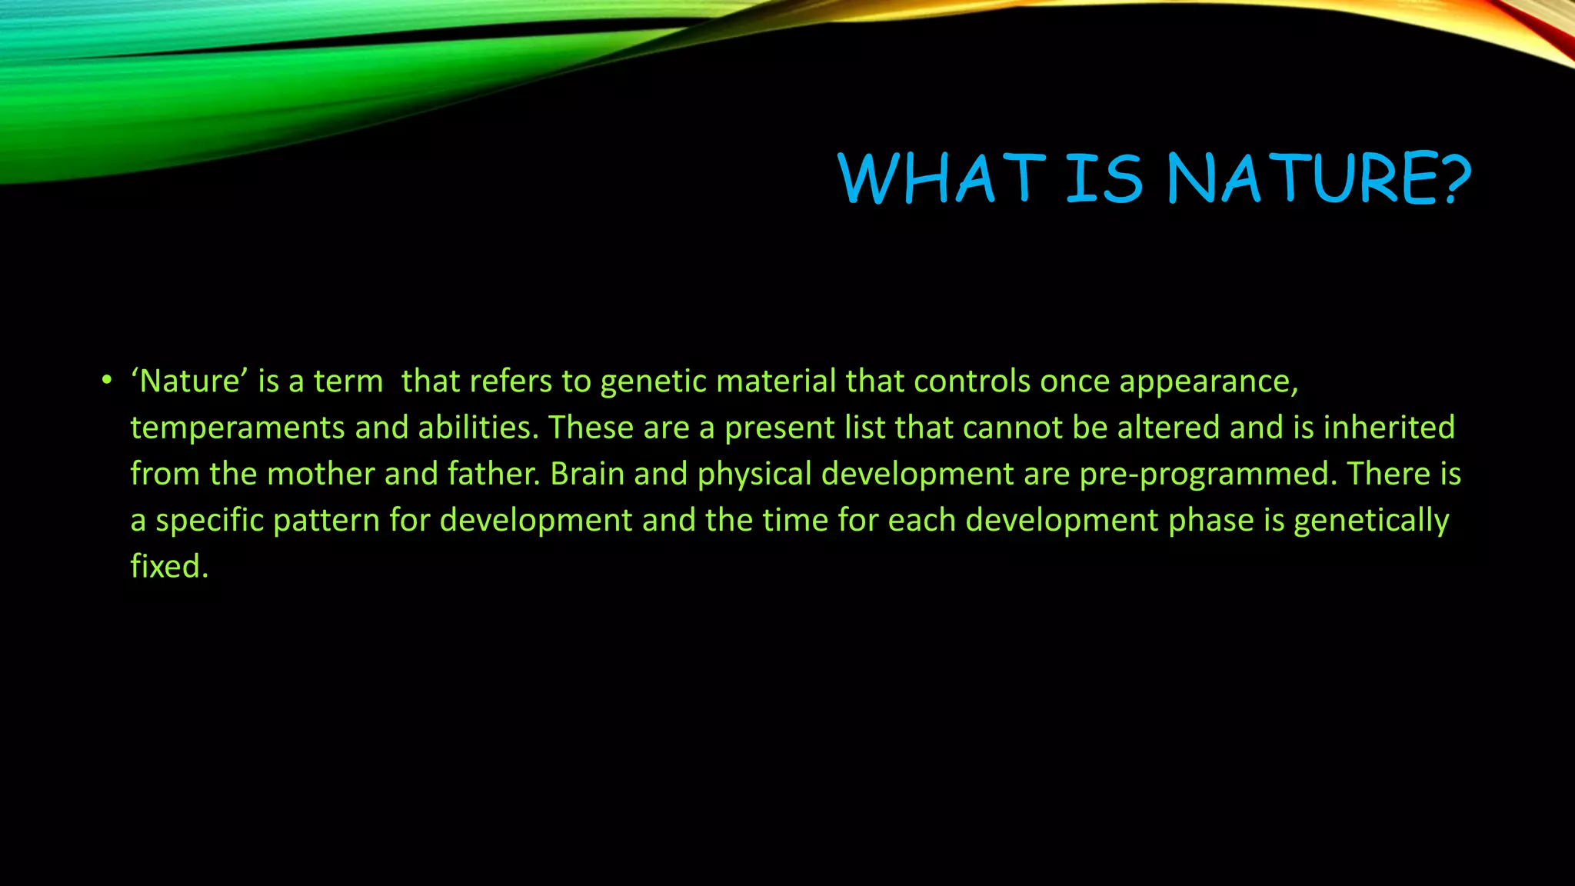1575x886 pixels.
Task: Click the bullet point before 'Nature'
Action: [106, 381]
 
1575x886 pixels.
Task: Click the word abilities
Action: [478, 427]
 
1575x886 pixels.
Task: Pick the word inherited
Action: [1389, 427]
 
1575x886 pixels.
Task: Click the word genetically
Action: [1371, 521]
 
